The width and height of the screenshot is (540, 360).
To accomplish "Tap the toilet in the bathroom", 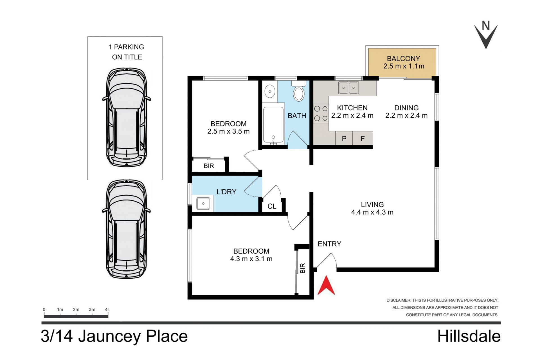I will tap(298, 92).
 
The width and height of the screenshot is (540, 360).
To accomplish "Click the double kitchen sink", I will tap(348, 88).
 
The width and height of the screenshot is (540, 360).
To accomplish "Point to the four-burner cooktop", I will tap(321, 113).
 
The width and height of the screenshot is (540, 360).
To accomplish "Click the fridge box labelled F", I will tap(363, 138).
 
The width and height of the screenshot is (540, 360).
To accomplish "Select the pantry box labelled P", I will tap(344, 138).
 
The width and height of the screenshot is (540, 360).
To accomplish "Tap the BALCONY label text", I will tap(403, 59).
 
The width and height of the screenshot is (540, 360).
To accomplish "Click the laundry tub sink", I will tap(203, 203).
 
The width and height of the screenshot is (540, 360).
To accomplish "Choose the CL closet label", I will tap(272, 206).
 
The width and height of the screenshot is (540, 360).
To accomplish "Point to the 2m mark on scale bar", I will tap(76, 310).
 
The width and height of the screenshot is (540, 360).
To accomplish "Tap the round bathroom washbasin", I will tap(270, 91).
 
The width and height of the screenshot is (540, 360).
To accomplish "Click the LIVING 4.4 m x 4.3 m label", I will tap(372, 208).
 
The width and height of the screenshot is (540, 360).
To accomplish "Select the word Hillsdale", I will tap(469, 336).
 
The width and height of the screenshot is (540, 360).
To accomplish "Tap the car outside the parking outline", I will tap(127, 229).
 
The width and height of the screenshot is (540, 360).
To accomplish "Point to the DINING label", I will tap(406, 108).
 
